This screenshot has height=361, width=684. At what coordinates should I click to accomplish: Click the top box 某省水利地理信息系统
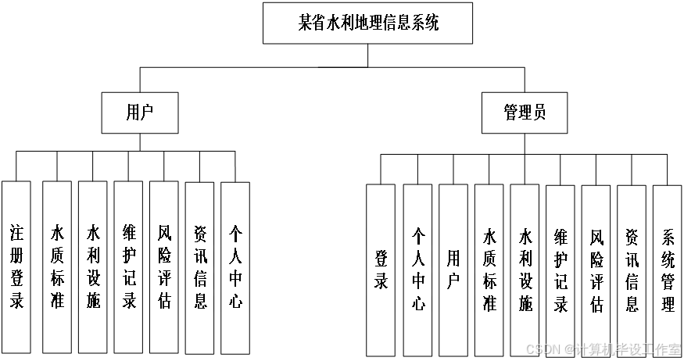pos(368,23)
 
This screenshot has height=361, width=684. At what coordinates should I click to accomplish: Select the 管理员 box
pos(524,113)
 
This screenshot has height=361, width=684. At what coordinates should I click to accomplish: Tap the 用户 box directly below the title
pos(139,113)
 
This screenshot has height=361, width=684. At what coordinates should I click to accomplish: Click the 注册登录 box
pos(16,266)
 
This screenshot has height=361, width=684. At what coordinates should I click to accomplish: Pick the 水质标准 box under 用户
pos(57,266)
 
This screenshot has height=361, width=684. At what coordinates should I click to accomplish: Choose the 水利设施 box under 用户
pos(93,266)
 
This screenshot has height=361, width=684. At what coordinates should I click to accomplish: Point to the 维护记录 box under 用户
pos(128,266)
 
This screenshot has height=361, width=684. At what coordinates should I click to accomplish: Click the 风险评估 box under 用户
pos(164,266)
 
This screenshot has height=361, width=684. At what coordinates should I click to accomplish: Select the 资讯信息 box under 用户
pos(200,266)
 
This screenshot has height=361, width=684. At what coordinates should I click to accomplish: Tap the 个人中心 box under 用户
pos(235,266)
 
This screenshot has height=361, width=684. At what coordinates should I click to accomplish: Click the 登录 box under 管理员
pos(381,269)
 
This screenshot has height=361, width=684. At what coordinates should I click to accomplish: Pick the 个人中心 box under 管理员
pos(417,269)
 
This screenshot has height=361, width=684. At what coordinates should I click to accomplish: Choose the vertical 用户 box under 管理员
pos(453,269)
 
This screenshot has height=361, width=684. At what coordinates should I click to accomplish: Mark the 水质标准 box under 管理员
pos(489,269)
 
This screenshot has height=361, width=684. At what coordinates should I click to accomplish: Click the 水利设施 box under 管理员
pos(525,269)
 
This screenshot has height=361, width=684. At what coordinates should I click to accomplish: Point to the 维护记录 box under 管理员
pos(560,269)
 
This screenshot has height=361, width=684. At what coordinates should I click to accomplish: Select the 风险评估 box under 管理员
pos(596,269)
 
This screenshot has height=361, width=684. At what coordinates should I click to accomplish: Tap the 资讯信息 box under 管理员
pos(632,269)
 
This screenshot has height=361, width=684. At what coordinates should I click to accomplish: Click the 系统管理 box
pos(668,269)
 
